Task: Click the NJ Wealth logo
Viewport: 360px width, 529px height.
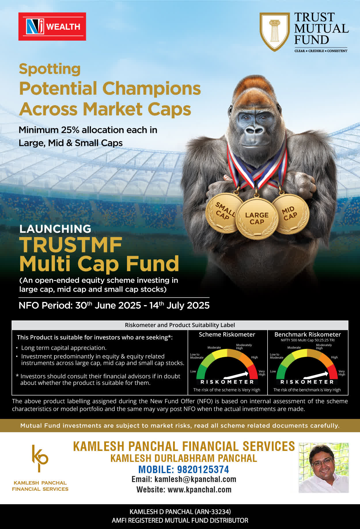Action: click(52, 27)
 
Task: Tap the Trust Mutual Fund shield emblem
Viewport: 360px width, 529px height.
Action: click(274, 32)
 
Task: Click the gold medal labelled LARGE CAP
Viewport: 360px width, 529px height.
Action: click(257, 219)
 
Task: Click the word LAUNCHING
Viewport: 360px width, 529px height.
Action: click(55, 229)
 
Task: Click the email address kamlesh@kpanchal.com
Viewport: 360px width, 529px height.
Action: click(195, 479)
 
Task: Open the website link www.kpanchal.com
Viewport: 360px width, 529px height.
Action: click(200, 490)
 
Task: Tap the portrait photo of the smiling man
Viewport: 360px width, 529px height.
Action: click(324, 468)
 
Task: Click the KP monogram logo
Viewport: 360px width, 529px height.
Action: click(40, 458)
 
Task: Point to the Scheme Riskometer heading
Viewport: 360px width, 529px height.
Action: click(227, 335)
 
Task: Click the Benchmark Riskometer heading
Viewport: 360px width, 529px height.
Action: click(308, 335)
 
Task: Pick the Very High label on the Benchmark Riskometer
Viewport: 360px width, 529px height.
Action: click(342, 373)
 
